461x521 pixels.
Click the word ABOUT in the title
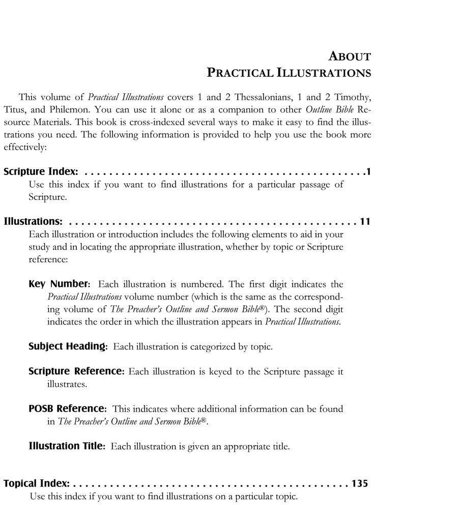click(350, 56)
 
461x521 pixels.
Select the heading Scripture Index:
click(41, 172)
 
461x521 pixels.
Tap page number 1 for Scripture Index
click(368, 172)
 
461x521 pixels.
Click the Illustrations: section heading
click(33, 222)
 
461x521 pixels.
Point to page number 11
click(365, 222)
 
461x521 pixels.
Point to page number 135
click(359, 483)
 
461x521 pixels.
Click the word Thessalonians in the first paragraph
click(258, 97)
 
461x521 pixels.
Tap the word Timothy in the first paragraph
click(352, 97)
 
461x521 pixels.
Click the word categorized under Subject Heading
click(213, 347)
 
